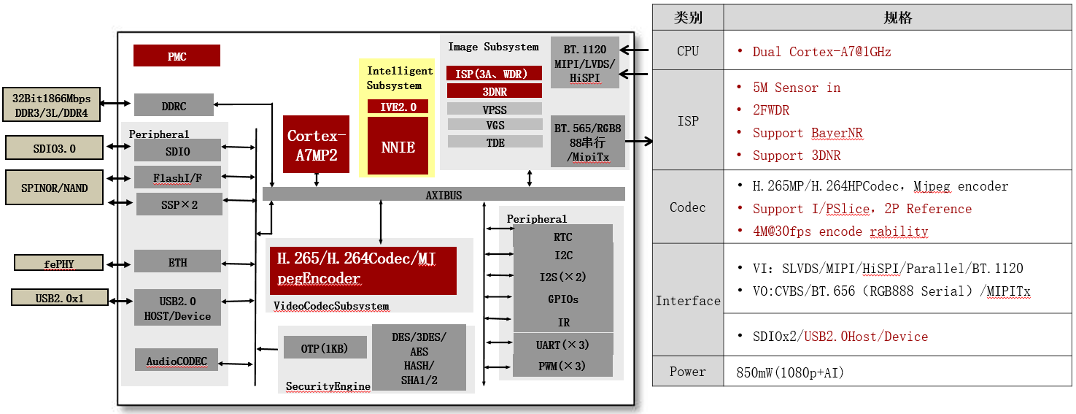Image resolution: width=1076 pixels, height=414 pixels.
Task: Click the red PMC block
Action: (177, 56)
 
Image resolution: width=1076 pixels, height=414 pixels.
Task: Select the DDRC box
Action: (174, 105)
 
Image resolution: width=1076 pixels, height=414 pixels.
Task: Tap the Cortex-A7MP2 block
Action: (316, 145)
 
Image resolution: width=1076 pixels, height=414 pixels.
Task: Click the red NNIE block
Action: (398, 146)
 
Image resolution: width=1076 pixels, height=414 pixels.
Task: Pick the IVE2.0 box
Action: (398, 107)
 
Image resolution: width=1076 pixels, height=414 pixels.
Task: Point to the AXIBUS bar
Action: (444, 194)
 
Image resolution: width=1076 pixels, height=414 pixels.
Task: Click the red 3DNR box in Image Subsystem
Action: (494, 91)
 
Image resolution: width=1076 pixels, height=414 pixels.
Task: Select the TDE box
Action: (495, 142)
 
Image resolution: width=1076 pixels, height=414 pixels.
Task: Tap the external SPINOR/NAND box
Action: (55, 188)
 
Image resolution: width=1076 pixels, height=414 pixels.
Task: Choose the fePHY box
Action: (58, 263)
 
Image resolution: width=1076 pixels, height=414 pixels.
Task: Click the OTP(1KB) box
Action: (325, 348)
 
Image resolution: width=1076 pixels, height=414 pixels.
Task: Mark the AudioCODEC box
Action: (177, 360)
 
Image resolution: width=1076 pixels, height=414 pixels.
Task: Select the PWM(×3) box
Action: (562, 365)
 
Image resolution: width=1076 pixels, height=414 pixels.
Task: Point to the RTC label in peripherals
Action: (562, 236)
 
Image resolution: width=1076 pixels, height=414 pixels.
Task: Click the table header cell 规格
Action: (897, 18)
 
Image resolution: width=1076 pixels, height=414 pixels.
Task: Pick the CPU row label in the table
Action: (687, 51)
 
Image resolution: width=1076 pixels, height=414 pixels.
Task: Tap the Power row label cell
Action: (687, 372)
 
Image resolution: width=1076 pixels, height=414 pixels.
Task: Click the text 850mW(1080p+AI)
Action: (791, 372)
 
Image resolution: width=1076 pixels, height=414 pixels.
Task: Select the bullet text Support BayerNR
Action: (808, 133)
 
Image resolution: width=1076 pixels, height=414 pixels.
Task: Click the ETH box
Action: (177, 262)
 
